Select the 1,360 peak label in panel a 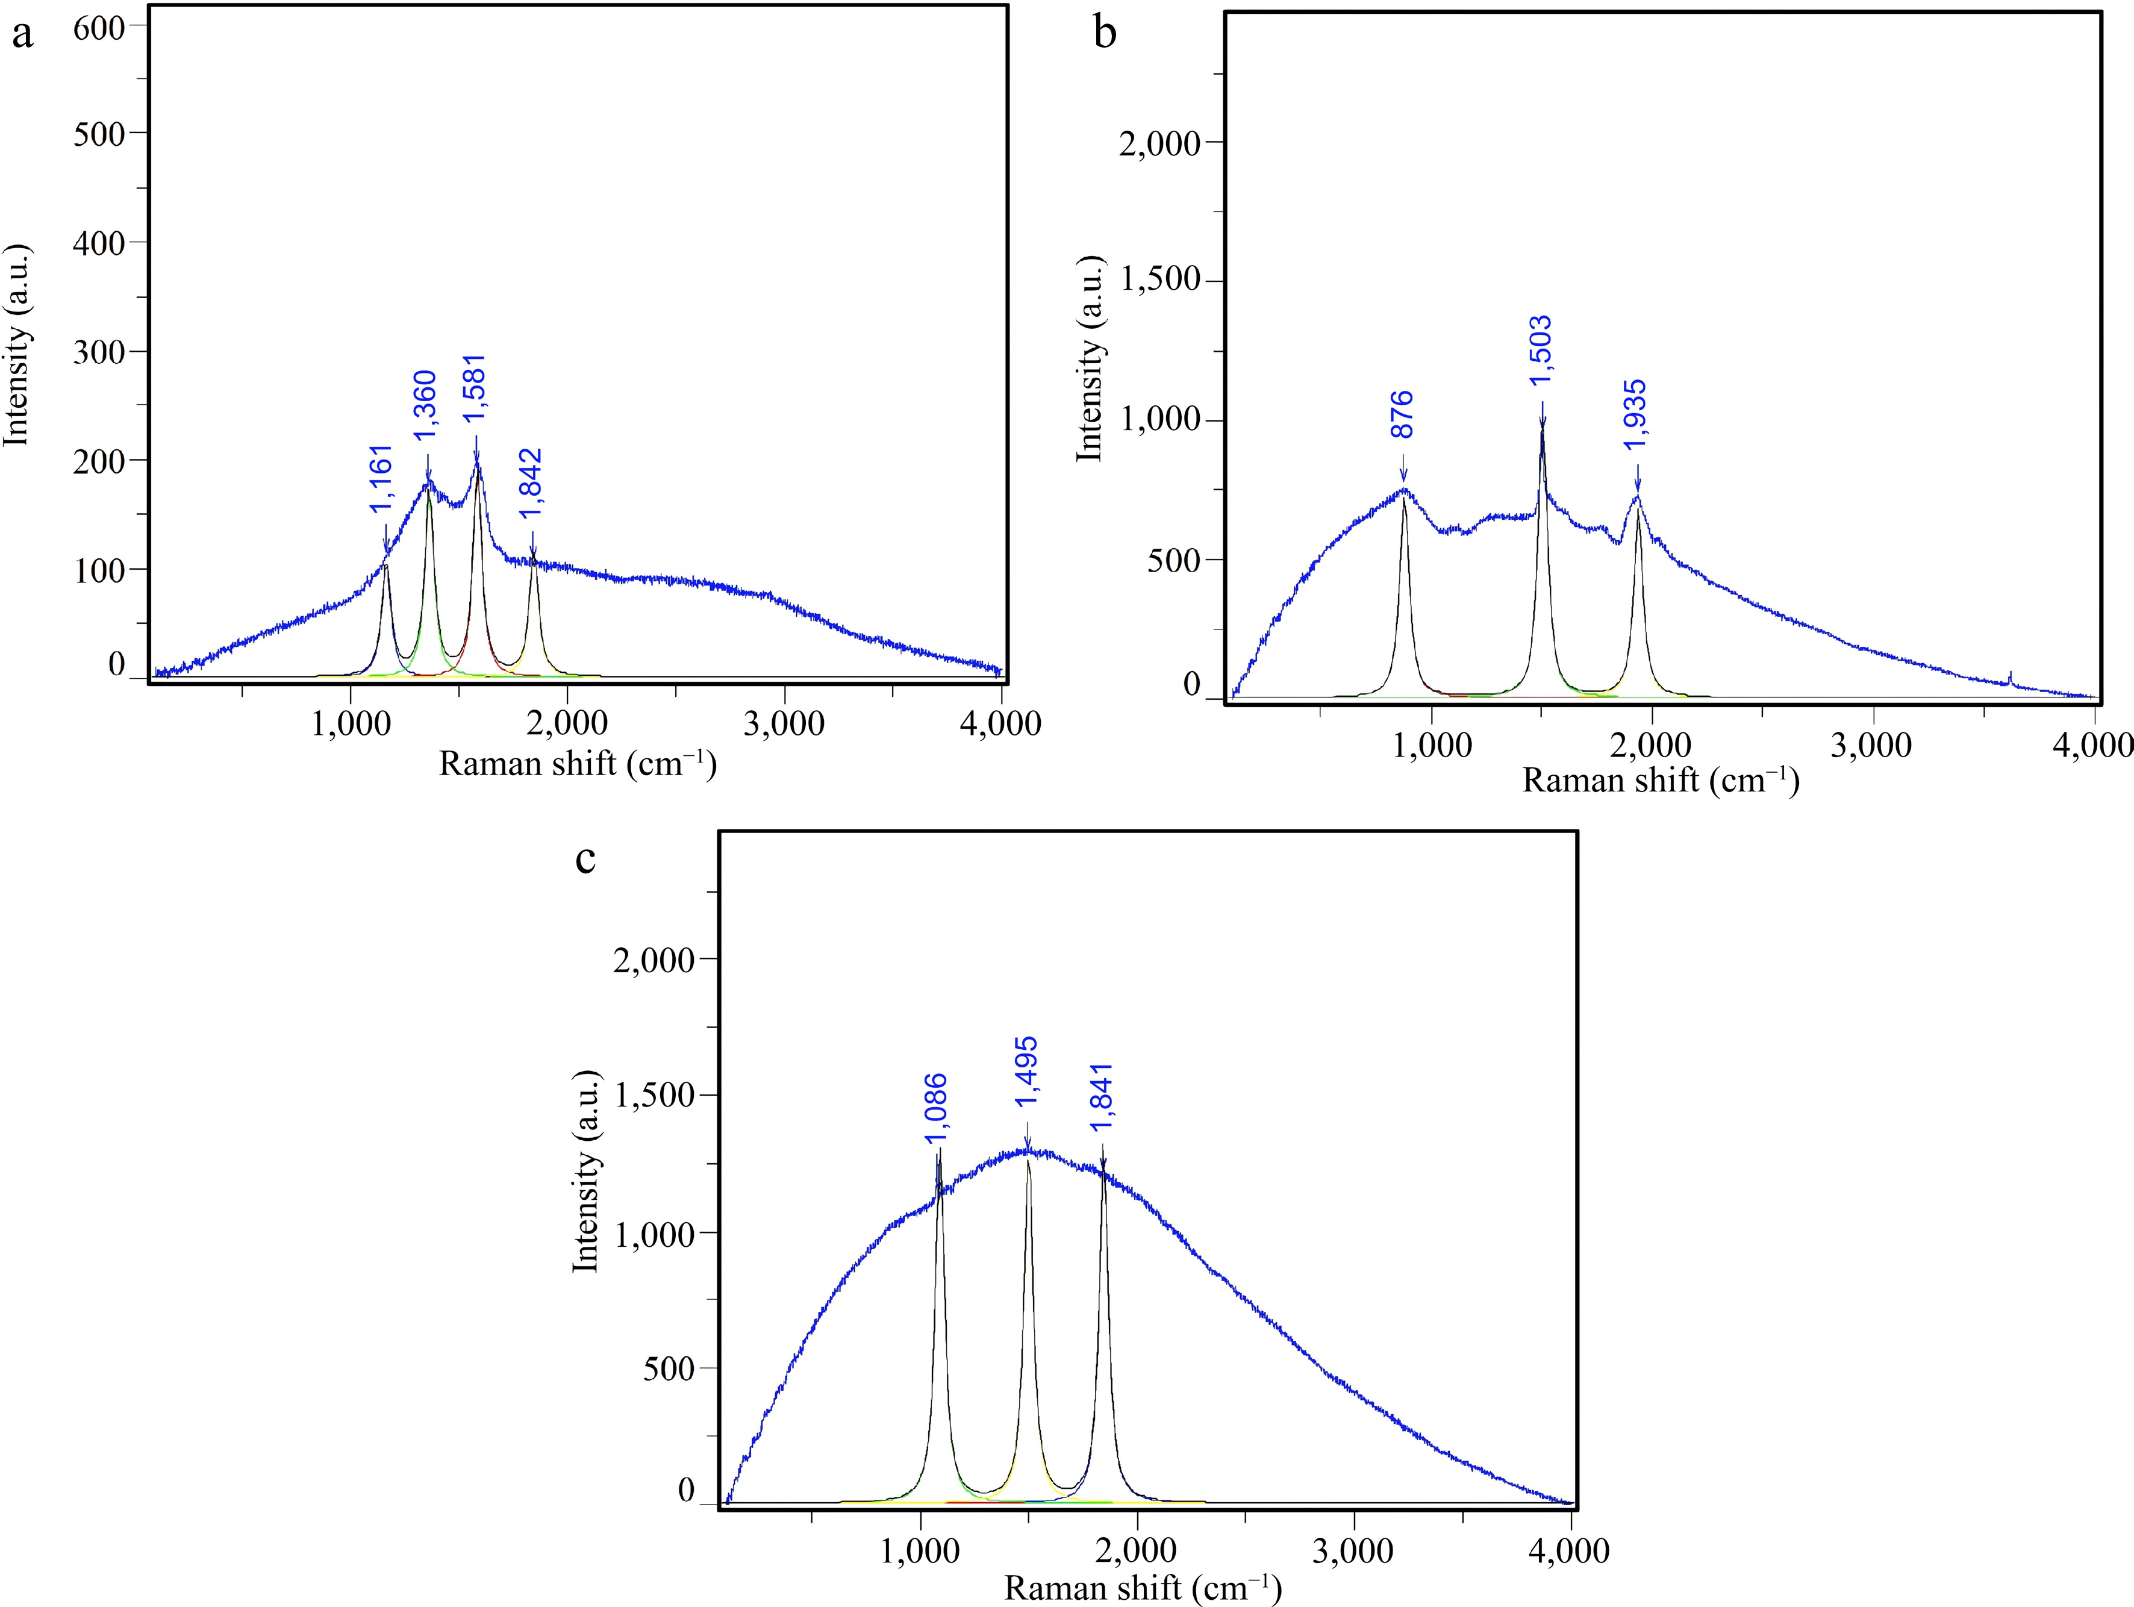tap(425, 406)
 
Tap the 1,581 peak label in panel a tap(475, 388)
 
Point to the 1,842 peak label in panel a tap(529, 486)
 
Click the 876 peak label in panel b tap(1402, 415)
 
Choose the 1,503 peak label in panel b tap(1541, 351)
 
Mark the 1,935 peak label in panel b tap(1635, 415)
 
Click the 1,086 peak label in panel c tap(936, 1109)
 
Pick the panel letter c tap(585, 858)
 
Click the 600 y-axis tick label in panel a tap(99, 27)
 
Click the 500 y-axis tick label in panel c tap(669, 1368)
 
